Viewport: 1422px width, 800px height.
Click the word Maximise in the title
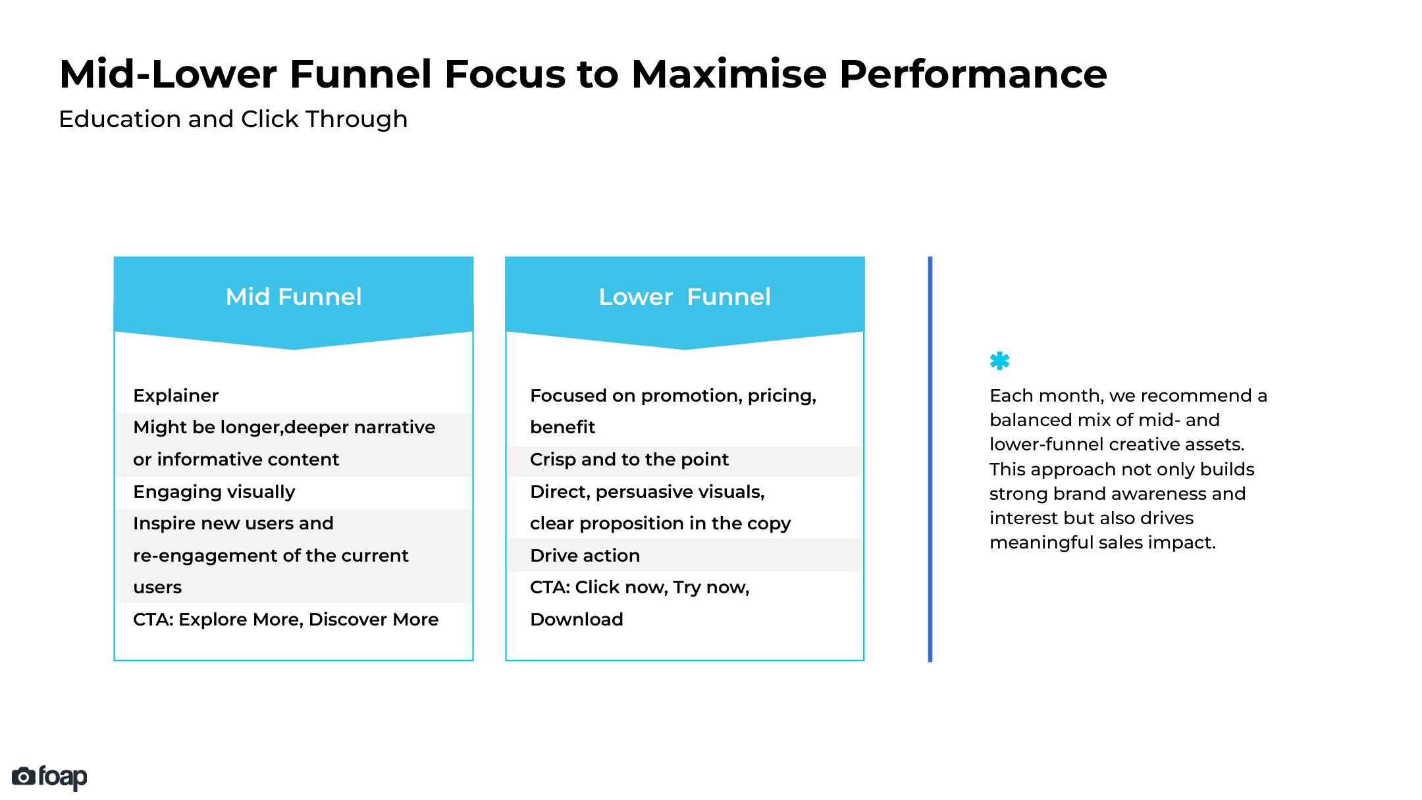pyautogui.click(x=729, y=74)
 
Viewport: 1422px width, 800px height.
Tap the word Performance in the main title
pyautogui.click(x=972, y=74)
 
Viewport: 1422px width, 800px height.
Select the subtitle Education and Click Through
pyautogui.click(x=233, y=119)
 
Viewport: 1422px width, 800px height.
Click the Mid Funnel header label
pyautogui.click(x=294, y=297)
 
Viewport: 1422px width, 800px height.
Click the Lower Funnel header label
pyautogui.click(x=685, y=297)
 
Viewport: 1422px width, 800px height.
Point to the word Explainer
pyautogui.click(x=176, y=396)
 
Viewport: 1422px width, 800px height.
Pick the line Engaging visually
pyautogui.click(x=214, y=492)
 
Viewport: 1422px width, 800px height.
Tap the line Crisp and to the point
pyautogui.click(x=629, y=460)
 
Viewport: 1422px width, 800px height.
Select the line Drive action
pyautogui.click(x=585, y=556)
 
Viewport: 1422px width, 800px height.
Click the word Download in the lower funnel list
pyautogui.click(x=577, y=620)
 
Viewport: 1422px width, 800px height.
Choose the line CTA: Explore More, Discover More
pyautogui.click(x=286, y=620)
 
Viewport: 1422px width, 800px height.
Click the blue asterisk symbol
pyautogui.click(x=999, y=361)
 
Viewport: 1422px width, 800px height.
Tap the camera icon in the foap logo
pyautogui.click(x=23, y=777)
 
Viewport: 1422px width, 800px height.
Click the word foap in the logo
pyautogui.click(x=63, y=777)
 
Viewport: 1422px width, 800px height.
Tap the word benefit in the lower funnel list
pyautogui.click(x=562, y=427)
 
